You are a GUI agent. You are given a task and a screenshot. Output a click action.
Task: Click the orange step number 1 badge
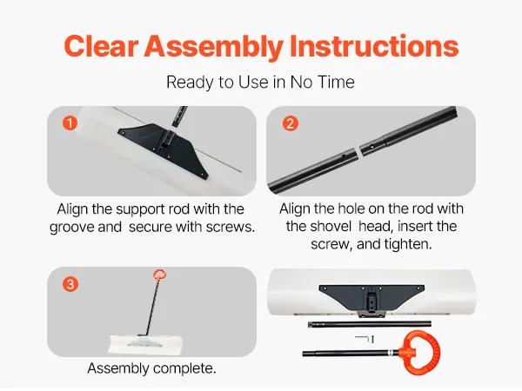tap(70, 123)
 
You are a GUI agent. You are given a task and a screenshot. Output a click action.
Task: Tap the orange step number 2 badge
tap(291, 123)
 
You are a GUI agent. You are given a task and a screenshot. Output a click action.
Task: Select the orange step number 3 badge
tap(70, 284)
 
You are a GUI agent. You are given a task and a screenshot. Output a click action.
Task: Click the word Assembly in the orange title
tap(213, 46)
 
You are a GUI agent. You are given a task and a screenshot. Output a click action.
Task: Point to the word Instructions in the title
tap(374, 46)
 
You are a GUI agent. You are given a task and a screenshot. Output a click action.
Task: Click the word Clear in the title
tap(101, 46)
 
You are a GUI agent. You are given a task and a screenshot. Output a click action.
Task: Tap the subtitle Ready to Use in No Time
tap(260, 82)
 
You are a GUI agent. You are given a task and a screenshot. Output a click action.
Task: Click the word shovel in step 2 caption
tap(318, 226)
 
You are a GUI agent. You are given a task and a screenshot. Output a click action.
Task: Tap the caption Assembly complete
tap(151, 368)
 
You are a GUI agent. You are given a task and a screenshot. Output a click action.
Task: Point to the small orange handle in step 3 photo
tap(160, 275)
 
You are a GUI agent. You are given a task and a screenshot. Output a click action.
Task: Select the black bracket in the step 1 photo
tap(164, 149)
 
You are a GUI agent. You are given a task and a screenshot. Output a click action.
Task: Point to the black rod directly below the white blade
tap(370, 324)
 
